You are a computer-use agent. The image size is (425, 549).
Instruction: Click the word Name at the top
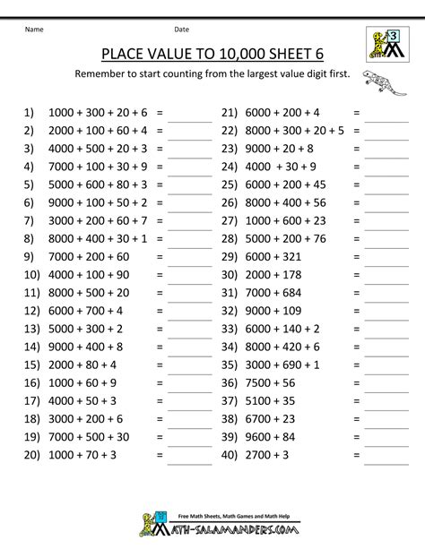tap(33, 28)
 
